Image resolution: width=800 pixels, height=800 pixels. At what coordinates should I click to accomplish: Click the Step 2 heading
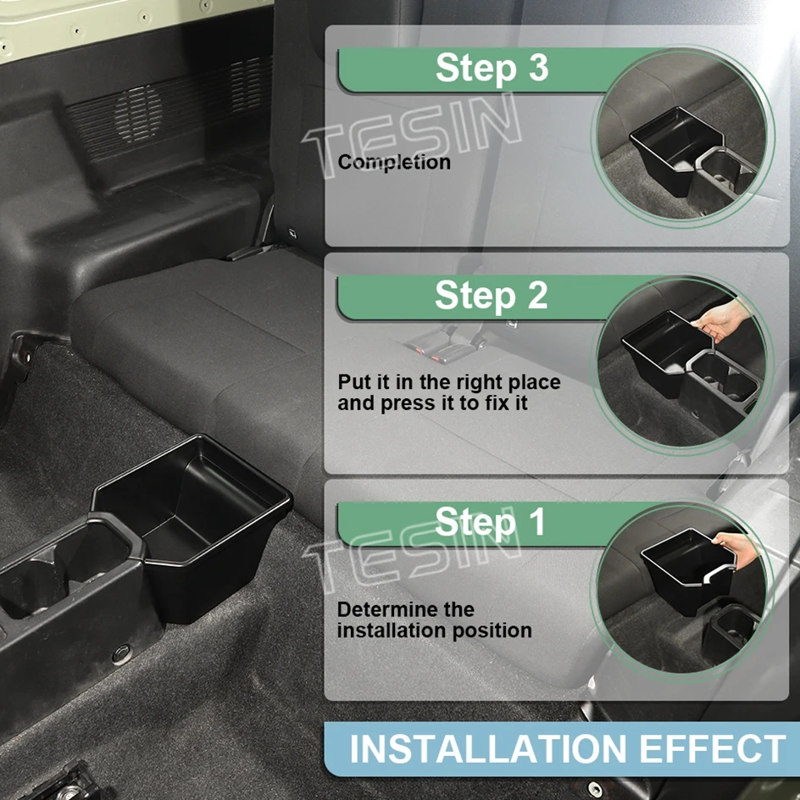click(x=491, y=296)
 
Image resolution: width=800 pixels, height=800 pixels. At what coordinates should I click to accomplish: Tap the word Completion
click(x=394, y=162)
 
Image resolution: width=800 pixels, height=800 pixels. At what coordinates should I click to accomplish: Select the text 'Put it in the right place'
click(x=448, y=382)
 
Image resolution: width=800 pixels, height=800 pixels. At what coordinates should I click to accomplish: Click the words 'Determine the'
click(x=405, y=609)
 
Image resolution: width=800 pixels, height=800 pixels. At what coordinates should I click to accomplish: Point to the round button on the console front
click(x=119, y=655)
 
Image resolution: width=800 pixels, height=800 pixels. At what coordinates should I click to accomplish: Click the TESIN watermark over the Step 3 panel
click(x=415, y=136)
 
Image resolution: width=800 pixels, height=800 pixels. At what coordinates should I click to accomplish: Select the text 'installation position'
click(x=434, y=631)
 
